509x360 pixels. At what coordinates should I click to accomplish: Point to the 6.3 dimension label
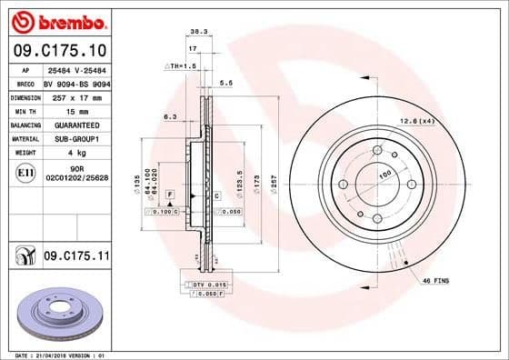click(x=169, y=116)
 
